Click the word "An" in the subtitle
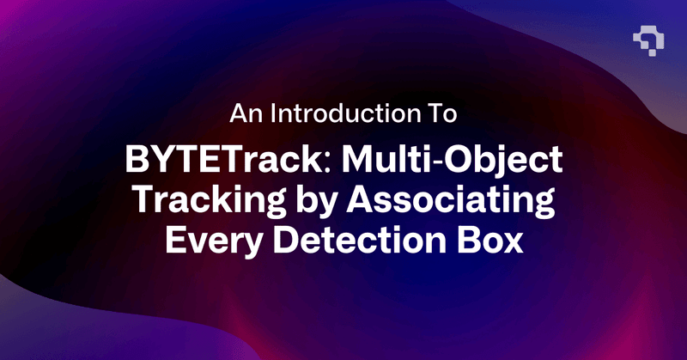(x=245, y=113)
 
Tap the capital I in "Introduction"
(x=274, y=113)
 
